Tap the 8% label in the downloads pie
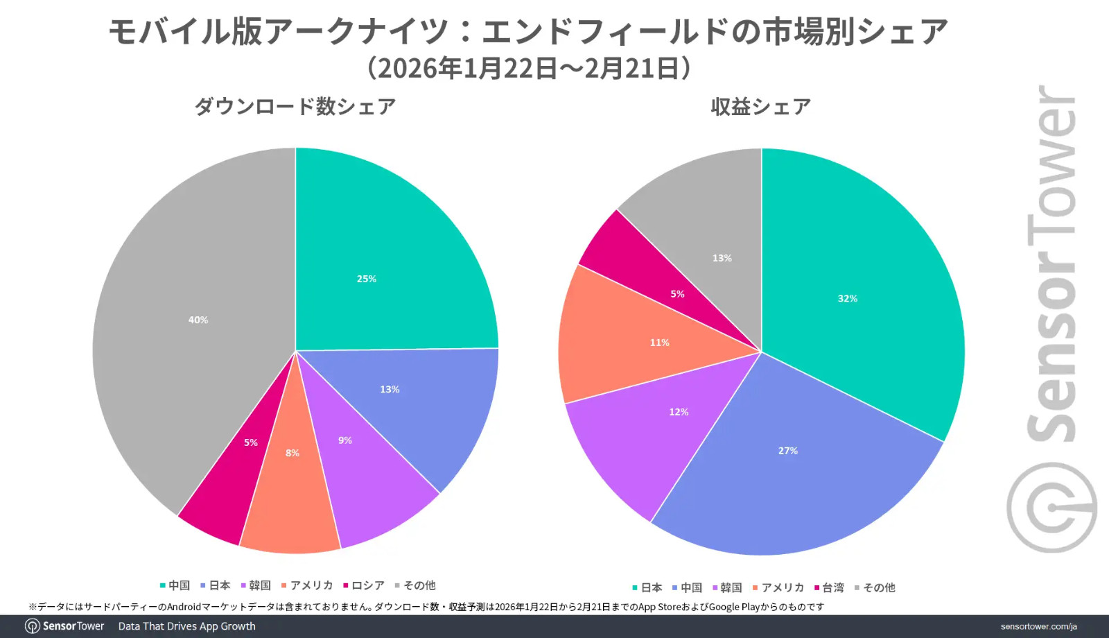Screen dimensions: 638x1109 [292, 453]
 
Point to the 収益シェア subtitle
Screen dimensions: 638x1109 [760, 107]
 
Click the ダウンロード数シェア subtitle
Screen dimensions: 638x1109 [295, 106]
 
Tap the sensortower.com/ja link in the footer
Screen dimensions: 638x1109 [1038, 626]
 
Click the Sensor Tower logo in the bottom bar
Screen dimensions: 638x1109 [64, 626]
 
